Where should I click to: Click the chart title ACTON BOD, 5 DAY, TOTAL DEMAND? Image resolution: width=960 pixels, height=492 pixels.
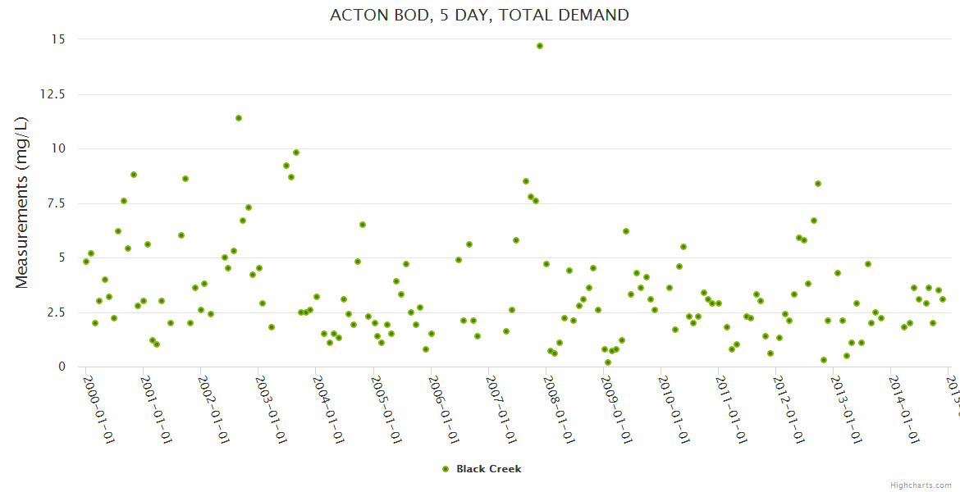tap(479, 15)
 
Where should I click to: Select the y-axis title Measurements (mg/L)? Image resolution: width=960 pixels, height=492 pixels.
tap(22, 202)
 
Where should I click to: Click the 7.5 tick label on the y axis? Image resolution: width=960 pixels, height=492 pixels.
tap(57, 203)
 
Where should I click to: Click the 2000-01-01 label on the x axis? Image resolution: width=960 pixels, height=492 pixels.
tap(98, 410)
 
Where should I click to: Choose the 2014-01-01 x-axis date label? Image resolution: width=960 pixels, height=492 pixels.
tap(903, 410)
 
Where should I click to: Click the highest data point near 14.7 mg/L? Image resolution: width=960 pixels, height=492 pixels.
tap(540, 46)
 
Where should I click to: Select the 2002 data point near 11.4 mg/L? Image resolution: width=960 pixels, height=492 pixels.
tap(239, 118)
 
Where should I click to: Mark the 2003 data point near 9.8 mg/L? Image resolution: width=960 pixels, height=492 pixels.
tap(296, 153)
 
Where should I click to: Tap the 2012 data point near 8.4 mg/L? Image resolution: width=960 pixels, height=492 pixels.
tap(818, 184)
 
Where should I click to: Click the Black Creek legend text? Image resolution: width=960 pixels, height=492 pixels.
tap(489, 469)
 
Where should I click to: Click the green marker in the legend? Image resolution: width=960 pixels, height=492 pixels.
tap(446, 469)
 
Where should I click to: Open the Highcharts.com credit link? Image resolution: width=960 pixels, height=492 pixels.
tap(921, 485)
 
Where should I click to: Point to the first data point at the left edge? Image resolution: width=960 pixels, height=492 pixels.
tap(86, 262)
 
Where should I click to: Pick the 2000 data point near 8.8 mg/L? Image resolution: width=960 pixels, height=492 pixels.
tap(134, 175)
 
